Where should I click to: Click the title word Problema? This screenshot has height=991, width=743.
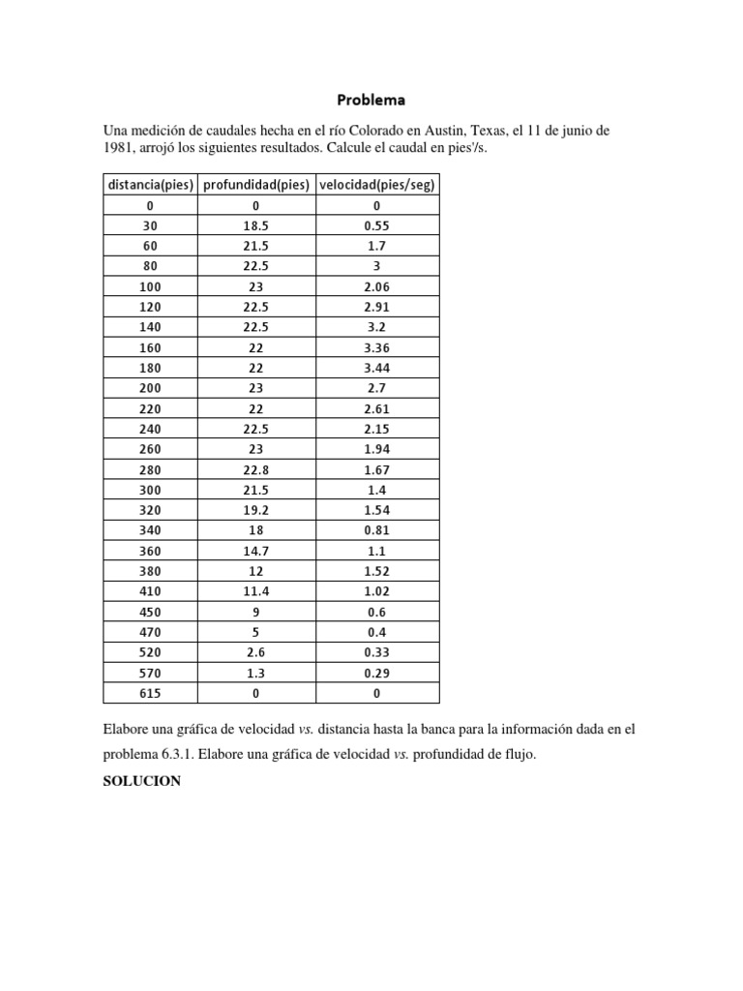(371, 99)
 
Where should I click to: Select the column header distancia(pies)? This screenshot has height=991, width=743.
(150, 185)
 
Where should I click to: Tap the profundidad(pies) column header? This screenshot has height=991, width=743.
(256, 185)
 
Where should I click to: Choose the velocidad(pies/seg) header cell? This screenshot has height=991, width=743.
(376, 185)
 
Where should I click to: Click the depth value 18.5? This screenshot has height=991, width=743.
(256, 225)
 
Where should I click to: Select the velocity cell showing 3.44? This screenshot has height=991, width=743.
(376, 368)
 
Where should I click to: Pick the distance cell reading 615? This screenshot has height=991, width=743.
(150, 693)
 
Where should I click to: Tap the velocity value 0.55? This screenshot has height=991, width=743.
(376, 225)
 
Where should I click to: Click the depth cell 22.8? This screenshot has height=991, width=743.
(256, 469)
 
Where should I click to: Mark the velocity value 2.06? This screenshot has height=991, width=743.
(376, 286)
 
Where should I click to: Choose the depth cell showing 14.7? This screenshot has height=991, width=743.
(256, 551)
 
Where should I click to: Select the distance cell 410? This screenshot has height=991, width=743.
(150, 591)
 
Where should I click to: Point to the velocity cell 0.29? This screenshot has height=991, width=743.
(376, 673)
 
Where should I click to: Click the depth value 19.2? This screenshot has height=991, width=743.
(256, 510)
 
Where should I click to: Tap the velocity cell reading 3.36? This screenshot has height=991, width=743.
(376, 347)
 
